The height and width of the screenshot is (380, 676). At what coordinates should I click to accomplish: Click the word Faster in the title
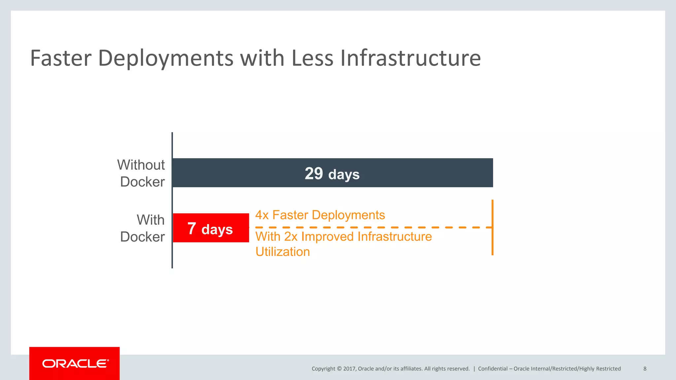click(x=60, y=58)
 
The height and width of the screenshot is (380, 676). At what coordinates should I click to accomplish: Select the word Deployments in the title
click(x=166, y=58)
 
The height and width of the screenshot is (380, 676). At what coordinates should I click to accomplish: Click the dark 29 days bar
click(x=413, y=173)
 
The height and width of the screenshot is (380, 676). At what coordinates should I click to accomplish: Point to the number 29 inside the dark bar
click(x=314, y=174)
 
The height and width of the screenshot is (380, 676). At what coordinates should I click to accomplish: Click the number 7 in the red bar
click(x=192, y=228)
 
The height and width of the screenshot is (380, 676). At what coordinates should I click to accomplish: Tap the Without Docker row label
click(x=141, y=173)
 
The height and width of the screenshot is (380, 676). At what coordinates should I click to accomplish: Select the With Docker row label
click(x=143, y=228)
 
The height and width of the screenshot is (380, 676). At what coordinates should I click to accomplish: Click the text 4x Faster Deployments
click(x=320, y=215)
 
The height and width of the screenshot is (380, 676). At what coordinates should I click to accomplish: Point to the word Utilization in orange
click(x=283, y=252)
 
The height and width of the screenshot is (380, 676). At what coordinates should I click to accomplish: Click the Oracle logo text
click(x=75, y=364)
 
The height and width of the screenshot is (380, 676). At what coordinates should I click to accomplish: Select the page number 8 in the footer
click(x=645, y=369)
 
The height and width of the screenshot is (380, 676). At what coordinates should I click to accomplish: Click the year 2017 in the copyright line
click(x=349, y=369)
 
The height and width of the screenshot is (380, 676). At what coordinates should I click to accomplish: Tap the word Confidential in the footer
click(x=492, y=369)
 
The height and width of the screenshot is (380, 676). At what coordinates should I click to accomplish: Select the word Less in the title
click(x=312, y=58)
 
